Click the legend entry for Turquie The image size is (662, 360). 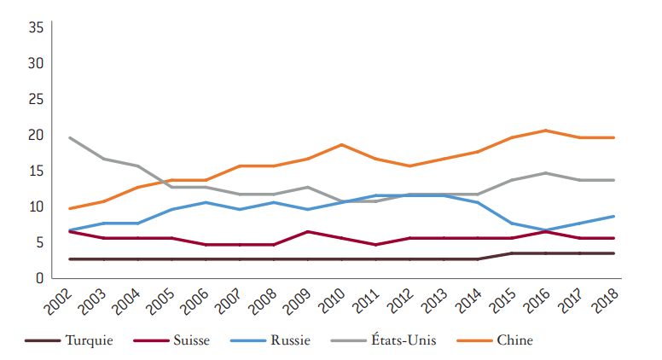89,340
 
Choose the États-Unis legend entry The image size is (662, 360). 404,340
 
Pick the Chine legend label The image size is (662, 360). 514,340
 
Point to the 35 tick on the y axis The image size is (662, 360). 36,27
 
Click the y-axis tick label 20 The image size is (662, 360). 36,135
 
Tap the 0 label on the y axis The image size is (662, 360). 39,278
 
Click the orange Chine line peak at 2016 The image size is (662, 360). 546,131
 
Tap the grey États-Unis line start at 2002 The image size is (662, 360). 69,137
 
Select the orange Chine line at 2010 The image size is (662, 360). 341,145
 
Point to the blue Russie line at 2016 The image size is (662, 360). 546,230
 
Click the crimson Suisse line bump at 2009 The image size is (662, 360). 307,231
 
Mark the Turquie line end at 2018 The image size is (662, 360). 613,253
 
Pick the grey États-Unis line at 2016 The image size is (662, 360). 546,173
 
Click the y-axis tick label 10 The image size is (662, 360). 36,206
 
